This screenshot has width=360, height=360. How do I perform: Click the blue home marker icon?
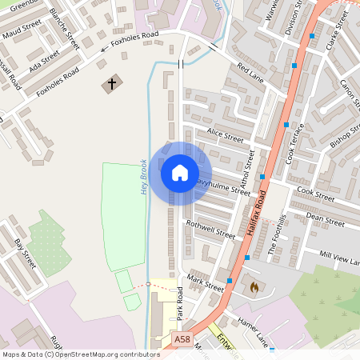(180, 172)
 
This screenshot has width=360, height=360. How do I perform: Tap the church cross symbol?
(111, 82)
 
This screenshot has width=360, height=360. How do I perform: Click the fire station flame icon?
(254, 285)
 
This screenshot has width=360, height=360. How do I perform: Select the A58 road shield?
(182, 340)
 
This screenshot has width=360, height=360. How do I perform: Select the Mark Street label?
(206, 282)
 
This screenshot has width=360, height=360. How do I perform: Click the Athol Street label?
(248, 167)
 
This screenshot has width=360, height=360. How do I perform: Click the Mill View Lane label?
(339, 258)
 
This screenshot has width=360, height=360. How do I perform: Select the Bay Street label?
(25, 254)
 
